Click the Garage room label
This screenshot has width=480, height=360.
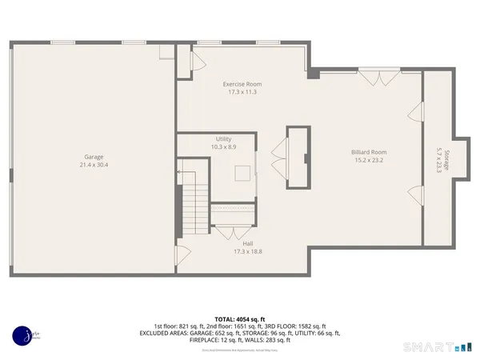94,157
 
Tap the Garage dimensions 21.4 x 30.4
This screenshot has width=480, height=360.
94,165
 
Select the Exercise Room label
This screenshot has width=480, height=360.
242,84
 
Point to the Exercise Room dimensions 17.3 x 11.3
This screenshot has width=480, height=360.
242,92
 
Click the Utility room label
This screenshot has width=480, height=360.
223,139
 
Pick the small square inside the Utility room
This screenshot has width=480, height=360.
242,174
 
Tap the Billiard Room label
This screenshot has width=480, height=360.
369,152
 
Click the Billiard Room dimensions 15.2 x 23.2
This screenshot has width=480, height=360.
369,160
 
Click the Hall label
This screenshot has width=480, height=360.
242,243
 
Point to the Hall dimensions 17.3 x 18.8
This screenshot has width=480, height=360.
242,251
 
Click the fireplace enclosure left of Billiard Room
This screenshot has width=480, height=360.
298,157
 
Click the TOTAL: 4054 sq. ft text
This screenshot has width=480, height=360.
240,318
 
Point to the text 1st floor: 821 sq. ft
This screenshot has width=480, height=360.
179,326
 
